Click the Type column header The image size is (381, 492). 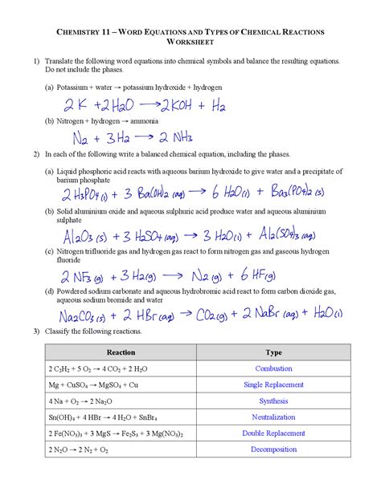pyautogui.click(x=273, y=352)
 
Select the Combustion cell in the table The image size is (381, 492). pyautogui.click(x=273, y=368)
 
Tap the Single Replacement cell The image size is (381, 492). pyautogui.click(x=273, y=385)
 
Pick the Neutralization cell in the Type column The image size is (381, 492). pyautogui.click(x=273, y=417)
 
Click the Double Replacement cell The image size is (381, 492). pyautogui.click(x=273, y=433)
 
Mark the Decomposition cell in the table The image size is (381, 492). pyautogui.click(x=273, y=449)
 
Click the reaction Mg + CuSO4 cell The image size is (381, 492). pyautogui.click(x=81, y=385)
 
